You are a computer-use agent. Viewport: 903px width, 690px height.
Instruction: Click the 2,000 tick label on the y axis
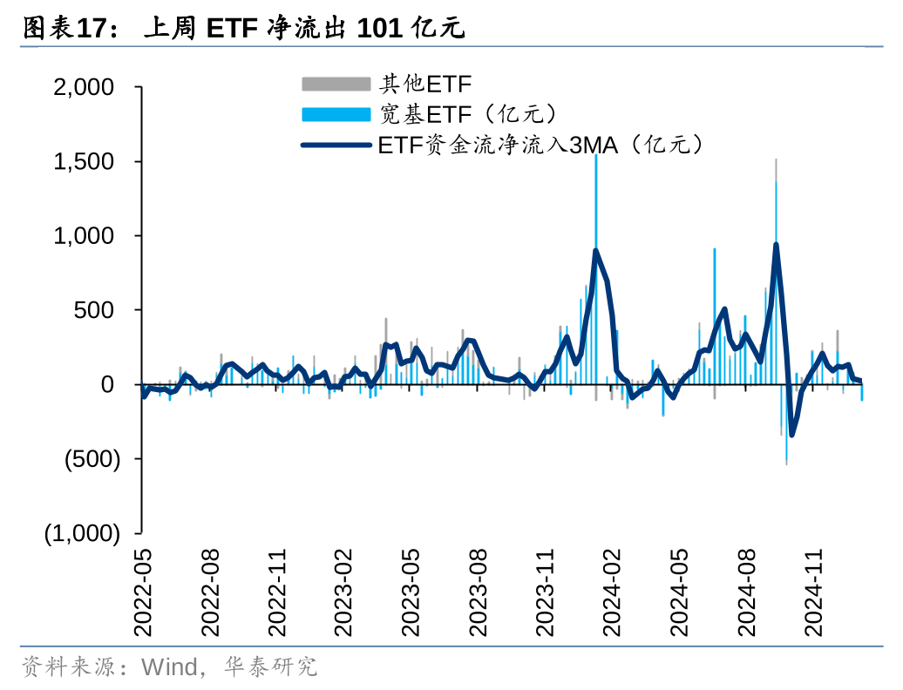tap(84, 87)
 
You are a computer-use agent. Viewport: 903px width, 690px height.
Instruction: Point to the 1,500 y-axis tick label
tap(84, 161)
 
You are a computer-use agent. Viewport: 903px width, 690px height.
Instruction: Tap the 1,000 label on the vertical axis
tap(84, 235)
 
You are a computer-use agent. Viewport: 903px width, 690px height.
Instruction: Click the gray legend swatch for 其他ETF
tap(336, 84)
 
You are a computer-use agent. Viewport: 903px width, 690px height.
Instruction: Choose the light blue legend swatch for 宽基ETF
tap(336, 114)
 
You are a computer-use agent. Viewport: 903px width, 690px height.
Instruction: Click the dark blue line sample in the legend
tap(336, 145)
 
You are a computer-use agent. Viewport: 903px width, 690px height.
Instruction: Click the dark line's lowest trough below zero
tap(791, 434)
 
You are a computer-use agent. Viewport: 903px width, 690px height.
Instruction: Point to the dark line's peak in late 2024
tap(776, 245)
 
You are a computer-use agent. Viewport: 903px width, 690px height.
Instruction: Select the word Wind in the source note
tap(169, 667)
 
